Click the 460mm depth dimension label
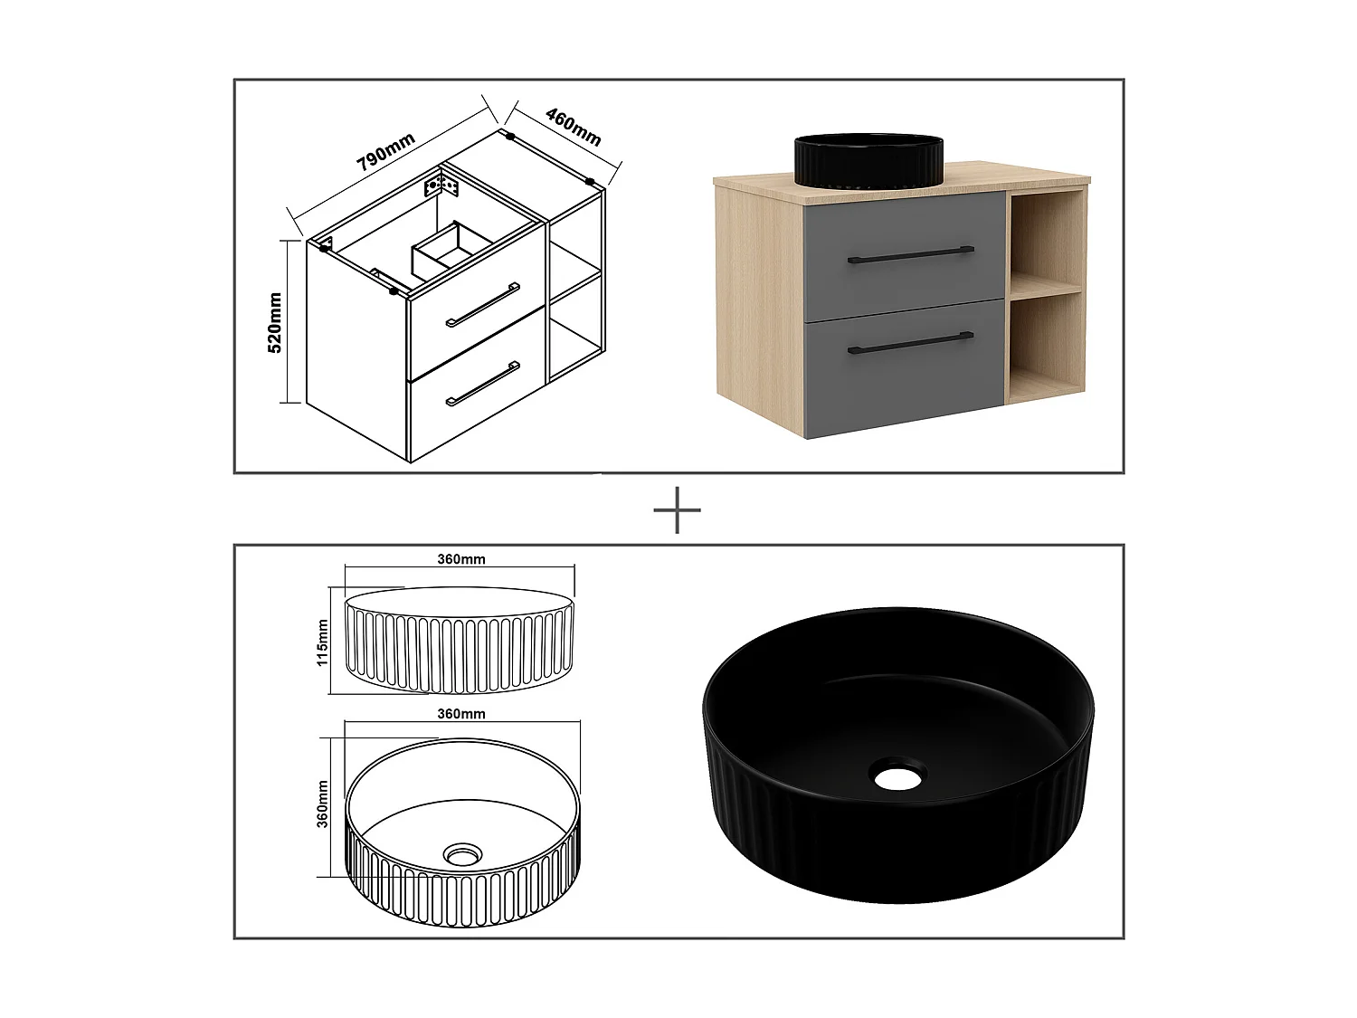574,126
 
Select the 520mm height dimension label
276,321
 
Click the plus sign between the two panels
677,510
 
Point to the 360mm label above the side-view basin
461,559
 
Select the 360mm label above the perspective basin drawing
461,714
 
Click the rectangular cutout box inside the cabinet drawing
448,248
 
